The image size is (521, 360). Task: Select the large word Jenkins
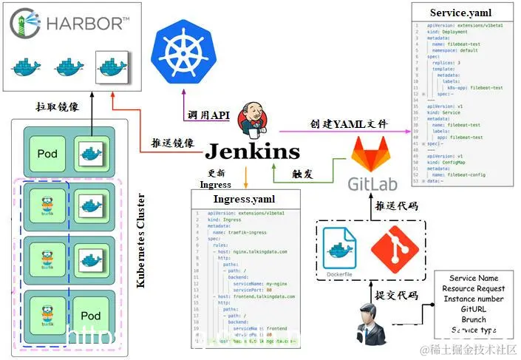[x=252, y=152]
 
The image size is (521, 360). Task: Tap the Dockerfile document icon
[x=341, y=250]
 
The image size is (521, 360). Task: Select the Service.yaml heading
[x=460, y=13]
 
